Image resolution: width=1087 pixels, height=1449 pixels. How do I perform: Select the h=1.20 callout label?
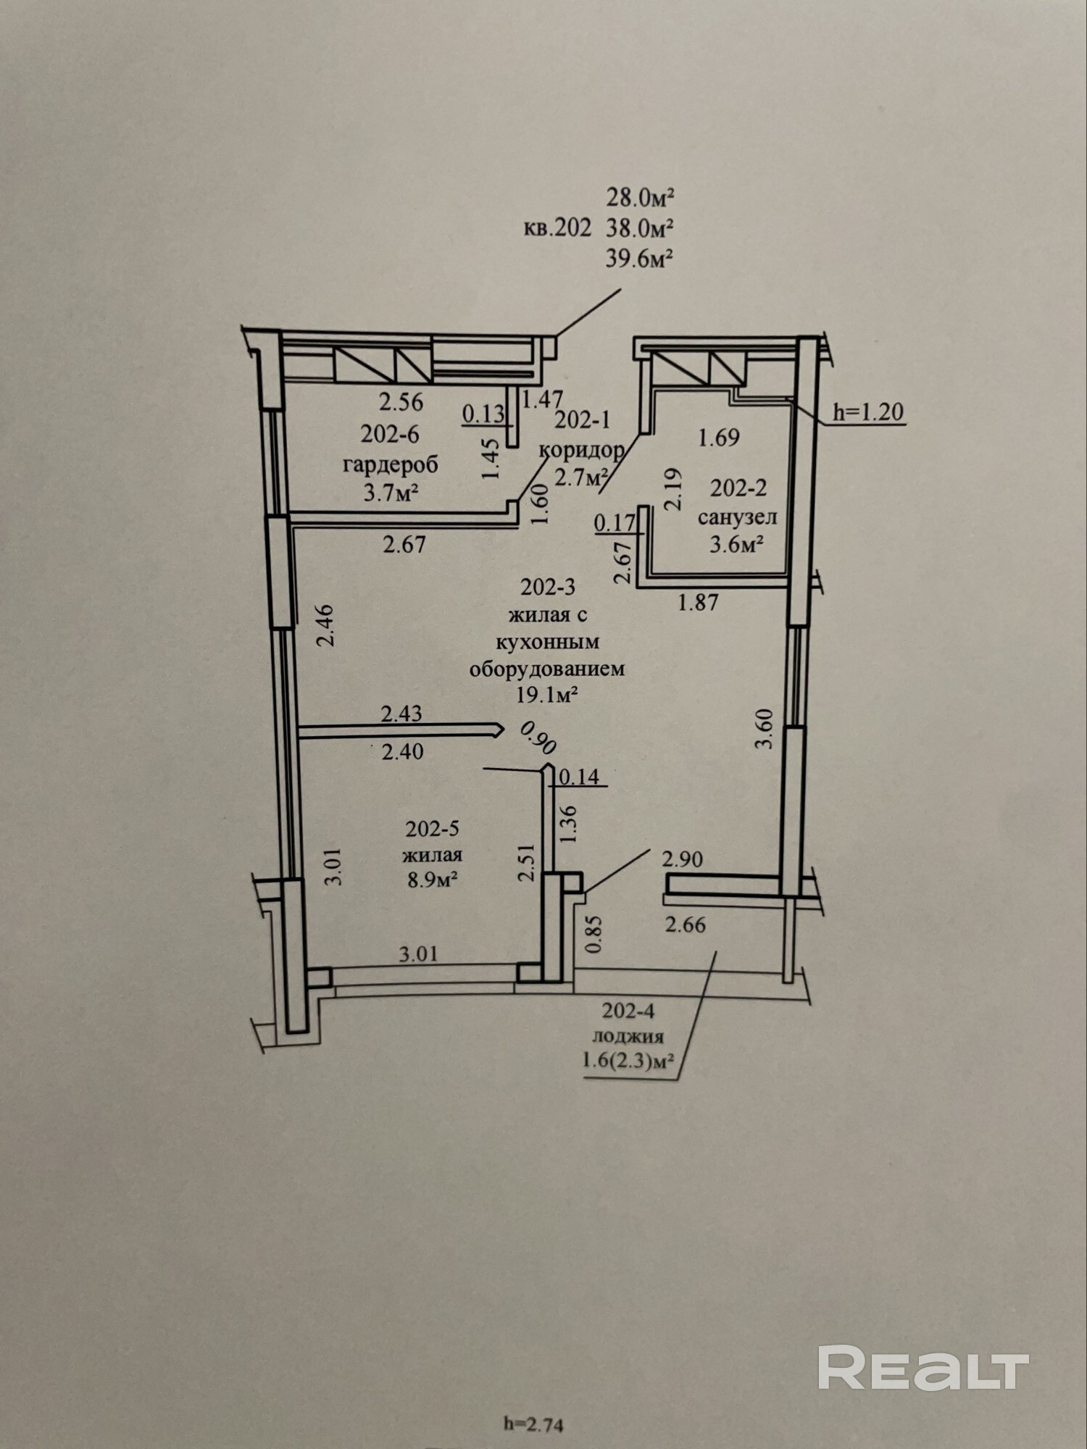coord(867,412)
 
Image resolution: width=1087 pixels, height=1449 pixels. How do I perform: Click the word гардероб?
coord(390,464)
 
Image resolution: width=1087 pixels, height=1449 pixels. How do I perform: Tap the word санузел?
coord(737,517)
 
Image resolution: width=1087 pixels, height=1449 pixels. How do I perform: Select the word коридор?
coord(582,450)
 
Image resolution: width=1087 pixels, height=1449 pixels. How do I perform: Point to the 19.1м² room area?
coord(546,696)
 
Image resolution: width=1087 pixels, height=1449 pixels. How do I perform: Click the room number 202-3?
coord(547,586)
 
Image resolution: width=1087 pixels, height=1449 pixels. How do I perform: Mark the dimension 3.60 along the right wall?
coord(765,730)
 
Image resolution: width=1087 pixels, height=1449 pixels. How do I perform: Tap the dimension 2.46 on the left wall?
coord(325,625)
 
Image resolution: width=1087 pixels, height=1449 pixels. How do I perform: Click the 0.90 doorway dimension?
coord(538,738)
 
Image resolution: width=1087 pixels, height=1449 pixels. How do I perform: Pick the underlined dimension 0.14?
coord(580,777)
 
